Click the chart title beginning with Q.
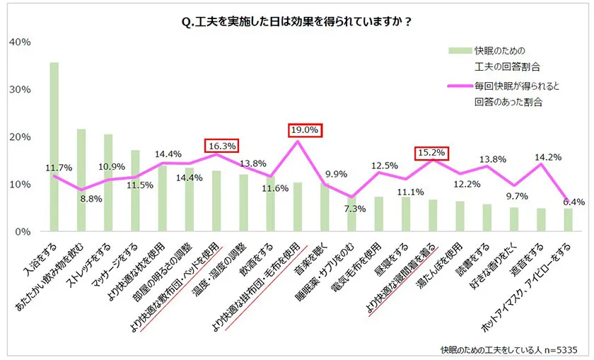pyautogui.click(x=296, y=21)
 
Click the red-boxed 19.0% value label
pyautogui.click(x=305, y=130)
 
